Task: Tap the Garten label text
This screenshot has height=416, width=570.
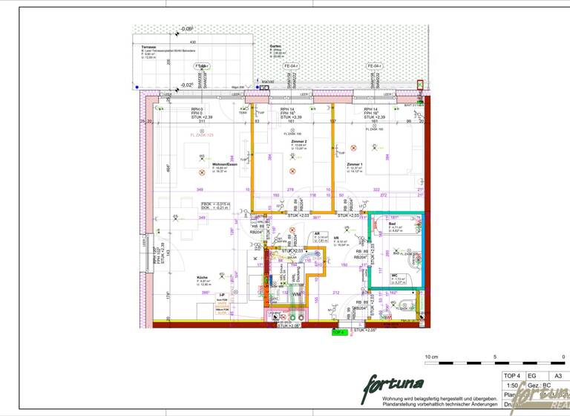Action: pos(275,45)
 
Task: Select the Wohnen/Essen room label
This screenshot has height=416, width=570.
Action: pos(225,164)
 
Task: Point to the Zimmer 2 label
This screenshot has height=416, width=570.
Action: pos(299,140)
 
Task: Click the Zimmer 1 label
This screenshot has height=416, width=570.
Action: pos(355,164)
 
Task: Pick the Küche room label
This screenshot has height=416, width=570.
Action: pos(182,276)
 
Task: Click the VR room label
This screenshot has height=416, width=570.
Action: pos(336,238)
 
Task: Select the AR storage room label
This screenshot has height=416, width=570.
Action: pos(317,233)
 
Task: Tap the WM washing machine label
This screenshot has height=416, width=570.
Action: pos(295,295)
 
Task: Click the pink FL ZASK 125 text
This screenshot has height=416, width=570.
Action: pos(201,135)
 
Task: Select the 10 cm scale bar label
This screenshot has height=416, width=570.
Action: pos(431,357)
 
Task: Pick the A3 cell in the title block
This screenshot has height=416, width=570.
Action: pos(558,376)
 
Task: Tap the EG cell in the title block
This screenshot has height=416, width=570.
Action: pos(531,376)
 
